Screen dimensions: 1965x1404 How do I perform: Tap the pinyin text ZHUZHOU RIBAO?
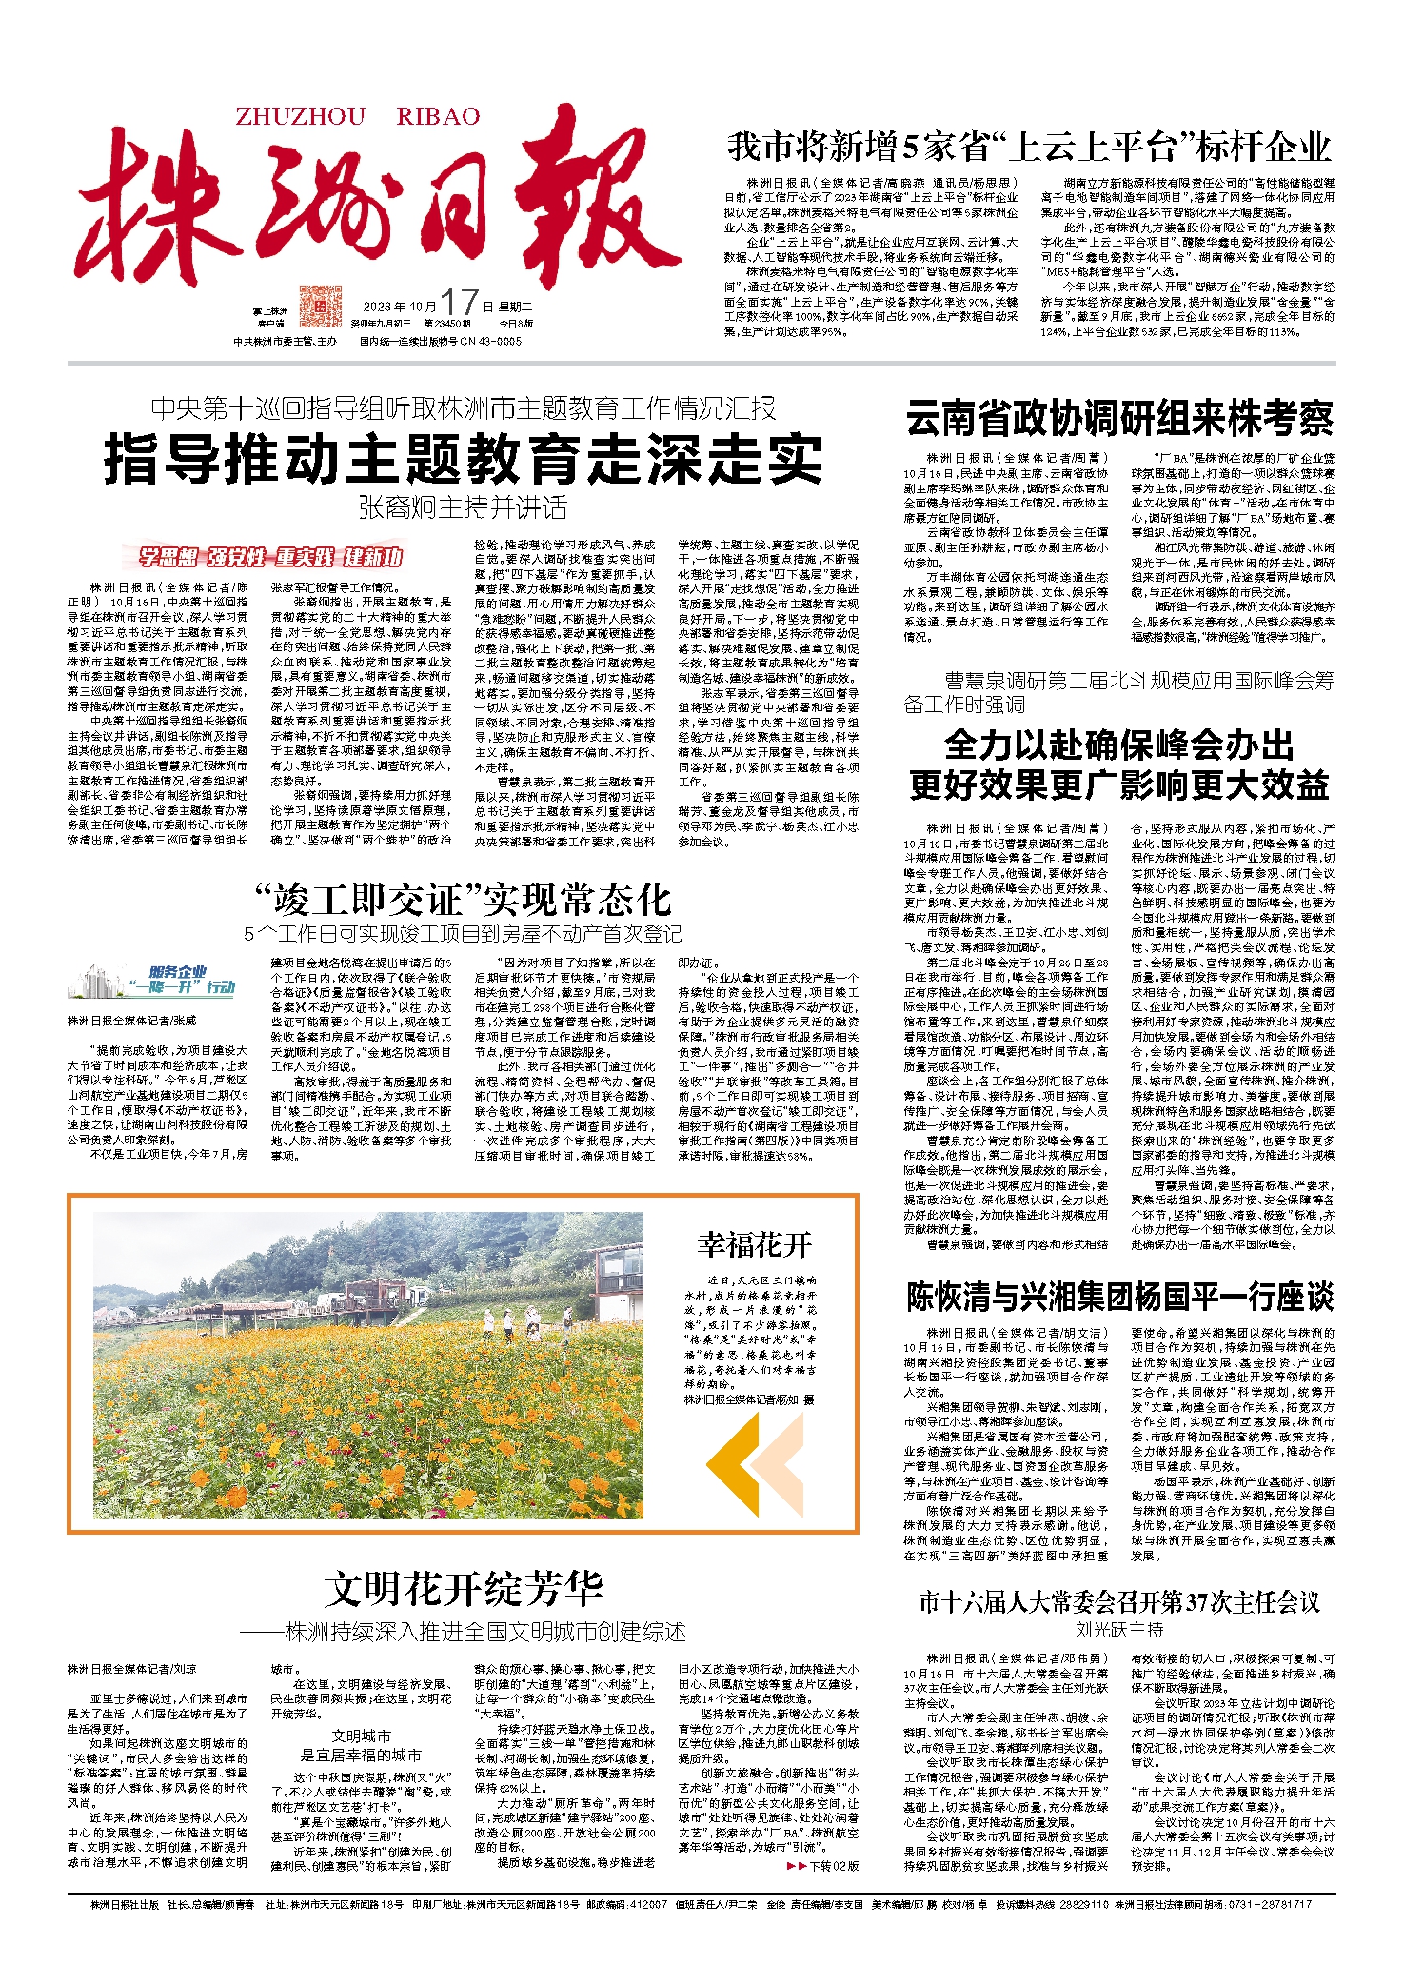tap(358, 117)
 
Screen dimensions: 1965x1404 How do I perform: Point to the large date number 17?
tap(459, 304)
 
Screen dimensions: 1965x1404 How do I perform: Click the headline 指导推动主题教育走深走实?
tap(463, 459)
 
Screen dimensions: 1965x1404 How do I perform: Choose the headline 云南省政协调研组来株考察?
tap(1119, 419)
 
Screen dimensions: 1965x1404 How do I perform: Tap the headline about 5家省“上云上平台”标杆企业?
tap(1029, 148)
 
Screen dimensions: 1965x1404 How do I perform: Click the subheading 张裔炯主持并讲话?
tap(463, 507)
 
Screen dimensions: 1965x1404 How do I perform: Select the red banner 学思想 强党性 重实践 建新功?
tap(272, 557)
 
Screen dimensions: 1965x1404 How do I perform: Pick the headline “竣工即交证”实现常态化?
tap(463, 899)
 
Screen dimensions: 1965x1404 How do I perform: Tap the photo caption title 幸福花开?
tap(755, 1243)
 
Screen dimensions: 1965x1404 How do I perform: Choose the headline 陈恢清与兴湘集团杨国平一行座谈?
tap(1119, 1297)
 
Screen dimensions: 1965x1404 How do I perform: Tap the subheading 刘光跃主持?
tap(1119, 1630)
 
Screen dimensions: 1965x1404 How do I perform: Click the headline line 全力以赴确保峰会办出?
tap(1119, 744)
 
